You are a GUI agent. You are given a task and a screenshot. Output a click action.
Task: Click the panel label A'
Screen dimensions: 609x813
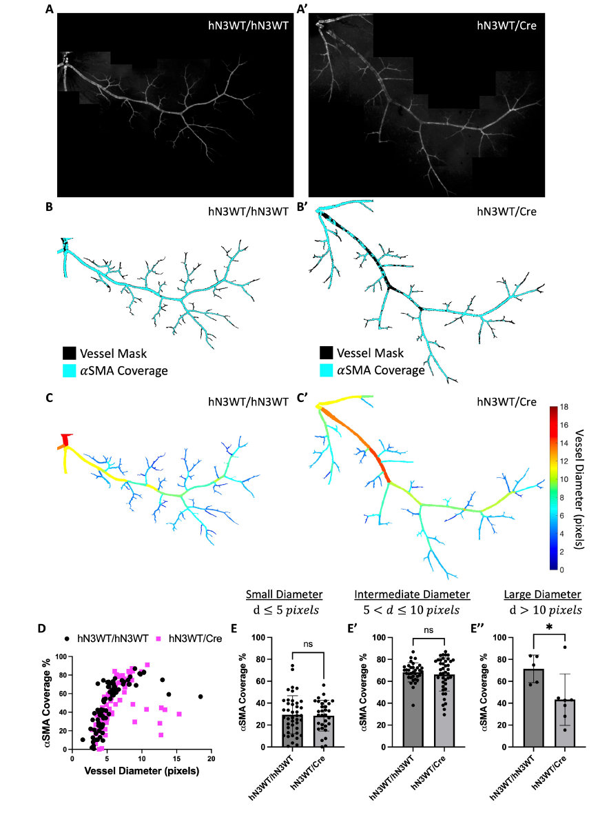[302, 9]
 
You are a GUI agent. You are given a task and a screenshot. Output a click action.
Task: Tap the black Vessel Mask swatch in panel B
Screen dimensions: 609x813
[70, 353]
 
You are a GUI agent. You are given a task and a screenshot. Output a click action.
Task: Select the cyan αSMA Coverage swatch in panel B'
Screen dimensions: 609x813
[327, 370]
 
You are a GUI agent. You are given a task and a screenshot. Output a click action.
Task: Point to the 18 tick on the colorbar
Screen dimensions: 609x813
[564, 407]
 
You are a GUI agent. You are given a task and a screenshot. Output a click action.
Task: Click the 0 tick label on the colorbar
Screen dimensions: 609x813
[562, 570]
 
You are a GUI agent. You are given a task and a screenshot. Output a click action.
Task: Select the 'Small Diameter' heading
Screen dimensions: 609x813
[285, 594]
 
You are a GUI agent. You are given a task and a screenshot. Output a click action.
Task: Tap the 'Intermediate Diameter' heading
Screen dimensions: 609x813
[412, 594]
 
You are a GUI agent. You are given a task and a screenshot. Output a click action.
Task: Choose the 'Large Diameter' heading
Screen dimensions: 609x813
[543, 594]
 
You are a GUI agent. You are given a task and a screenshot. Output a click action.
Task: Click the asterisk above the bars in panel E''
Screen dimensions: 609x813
[549, 628]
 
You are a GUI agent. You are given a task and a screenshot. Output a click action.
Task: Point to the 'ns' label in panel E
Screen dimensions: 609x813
[308, 644]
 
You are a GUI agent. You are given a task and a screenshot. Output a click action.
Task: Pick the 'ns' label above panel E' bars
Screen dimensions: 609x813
[429, 630]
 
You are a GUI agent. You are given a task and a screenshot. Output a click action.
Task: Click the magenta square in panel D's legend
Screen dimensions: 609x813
[159, 639]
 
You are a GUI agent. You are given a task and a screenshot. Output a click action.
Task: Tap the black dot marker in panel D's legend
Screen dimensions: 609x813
[67, 639]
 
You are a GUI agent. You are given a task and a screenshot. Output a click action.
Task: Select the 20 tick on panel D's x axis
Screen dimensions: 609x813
[211, 758]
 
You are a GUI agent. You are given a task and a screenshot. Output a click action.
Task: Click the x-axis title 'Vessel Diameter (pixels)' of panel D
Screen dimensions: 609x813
[142, 770]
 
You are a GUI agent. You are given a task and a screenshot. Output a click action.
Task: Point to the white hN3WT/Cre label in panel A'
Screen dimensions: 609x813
[506, 25]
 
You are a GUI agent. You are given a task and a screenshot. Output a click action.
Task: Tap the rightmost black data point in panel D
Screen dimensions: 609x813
[200, 696]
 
